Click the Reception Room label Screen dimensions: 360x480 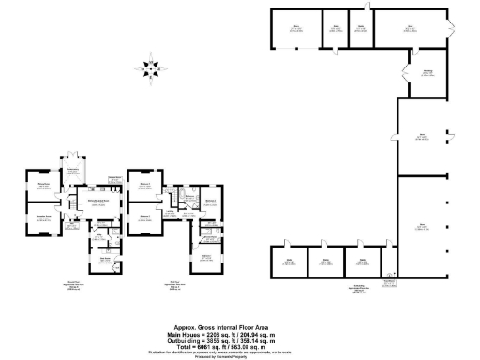(42, 217)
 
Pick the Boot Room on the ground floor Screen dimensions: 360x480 (105, 258)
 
